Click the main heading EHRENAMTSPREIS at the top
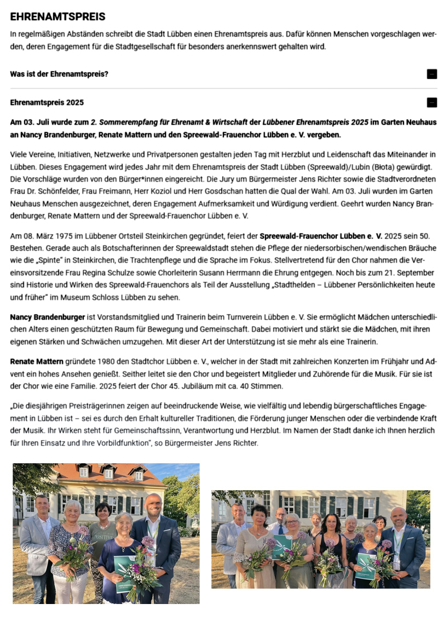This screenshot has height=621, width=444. click(57, 17)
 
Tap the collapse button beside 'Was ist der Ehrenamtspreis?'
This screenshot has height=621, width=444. click(431, 74)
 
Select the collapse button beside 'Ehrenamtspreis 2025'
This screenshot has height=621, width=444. click(431, 102)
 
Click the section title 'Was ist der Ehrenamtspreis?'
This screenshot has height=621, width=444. click(59, 74)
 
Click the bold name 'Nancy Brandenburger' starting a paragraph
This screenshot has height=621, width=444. click(48, 317)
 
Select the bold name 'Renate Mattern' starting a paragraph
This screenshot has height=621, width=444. click(37, 362)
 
